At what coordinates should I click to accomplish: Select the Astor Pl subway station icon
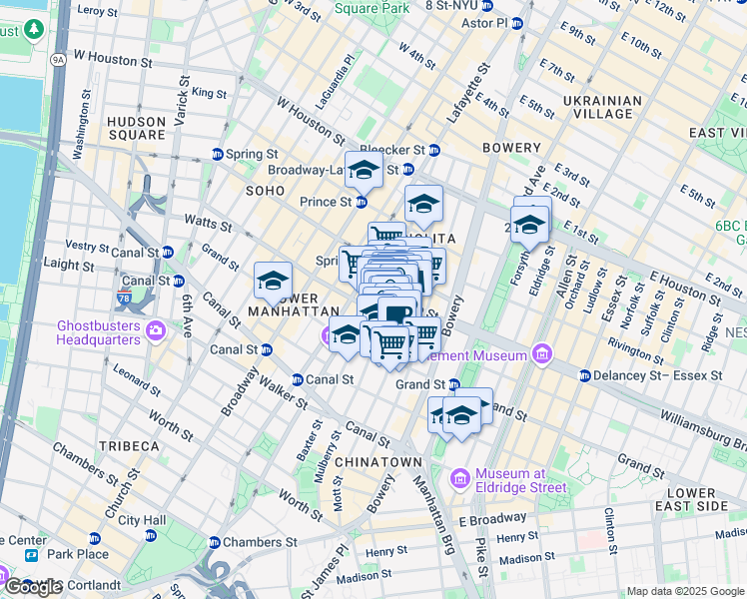pyautogui.click(x=516, y=23)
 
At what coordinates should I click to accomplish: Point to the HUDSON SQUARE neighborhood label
pyautogui.click(x=136, y=128)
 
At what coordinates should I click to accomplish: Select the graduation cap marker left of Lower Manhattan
pyautogui.click(x=273, y=282)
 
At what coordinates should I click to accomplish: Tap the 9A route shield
pyautogui.click(x=58, y=60)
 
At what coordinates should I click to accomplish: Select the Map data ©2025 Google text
pyautogui.click(x=684, y=591)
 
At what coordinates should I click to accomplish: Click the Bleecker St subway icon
pyautogui.click(x=434, y=150)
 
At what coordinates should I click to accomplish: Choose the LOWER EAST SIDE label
pyautogui.click(x=698, y=500)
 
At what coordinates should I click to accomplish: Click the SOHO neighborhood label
pyautogui.click(x=265, y=190)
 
